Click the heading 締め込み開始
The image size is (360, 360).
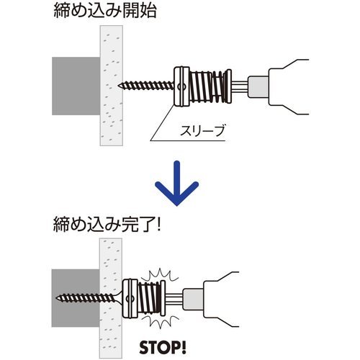tap(105, 11)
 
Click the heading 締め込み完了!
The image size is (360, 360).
tap(107, 224)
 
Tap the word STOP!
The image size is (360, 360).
tap(163, 347)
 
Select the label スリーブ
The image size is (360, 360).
tap(202, 130)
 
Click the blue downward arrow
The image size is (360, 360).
tap(177, 184)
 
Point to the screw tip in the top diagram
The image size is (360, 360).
tap(119, 85)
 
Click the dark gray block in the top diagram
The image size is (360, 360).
tap(76, 86)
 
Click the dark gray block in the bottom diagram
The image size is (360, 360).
tap(76, 298)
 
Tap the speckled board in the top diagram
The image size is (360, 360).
tap(112, 86)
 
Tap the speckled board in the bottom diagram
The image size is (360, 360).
tap(111, 297)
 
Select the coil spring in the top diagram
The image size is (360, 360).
tap(208, 86)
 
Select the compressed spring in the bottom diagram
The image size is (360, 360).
tap(149, 297)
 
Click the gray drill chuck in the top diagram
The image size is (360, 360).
tap(258, 86)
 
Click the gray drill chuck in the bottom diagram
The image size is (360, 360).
tap(193, 299)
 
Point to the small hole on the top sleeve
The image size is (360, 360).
tap(181, 86)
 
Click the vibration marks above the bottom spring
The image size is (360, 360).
tap(159, 276)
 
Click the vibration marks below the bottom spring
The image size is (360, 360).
tap(161, 320)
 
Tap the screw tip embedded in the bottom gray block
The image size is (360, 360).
tap(57, 298)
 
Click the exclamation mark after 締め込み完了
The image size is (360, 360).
tap(158, 225)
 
